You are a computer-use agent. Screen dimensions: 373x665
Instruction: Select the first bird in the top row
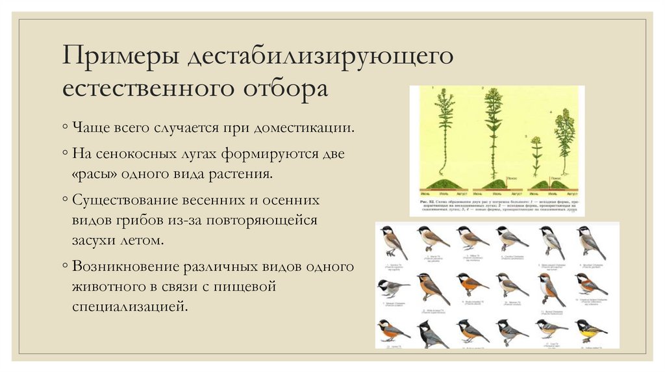(392, 241)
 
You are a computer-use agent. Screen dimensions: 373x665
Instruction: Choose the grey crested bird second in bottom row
(430, 333)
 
